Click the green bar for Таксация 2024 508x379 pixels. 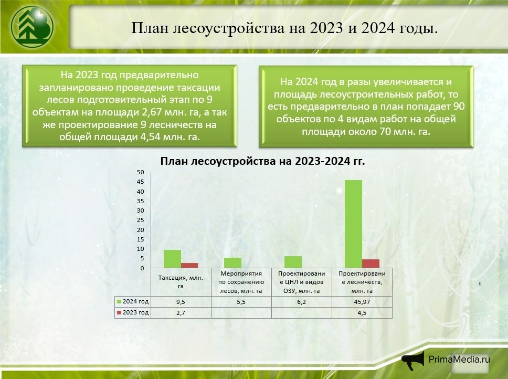tap(172, 259)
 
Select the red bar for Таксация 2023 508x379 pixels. tap(189, 265)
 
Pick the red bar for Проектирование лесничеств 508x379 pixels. tap(371, 264)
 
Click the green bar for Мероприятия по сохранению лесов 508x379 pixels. tap(232, 262)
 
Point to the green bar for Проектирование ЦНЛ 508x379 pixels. tap(293, 262)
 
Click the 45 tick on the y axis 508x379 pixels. tap(140, 182)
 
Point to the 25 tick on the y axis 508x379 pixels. tap(140, 220)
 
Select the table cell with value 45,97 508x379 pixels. tap(362, 302)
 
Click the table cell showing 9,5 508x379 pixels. tap(181, 302)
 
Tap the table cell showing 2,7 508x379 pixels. tap(181, 313)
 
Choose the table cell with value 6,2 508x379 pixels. tap(302, 302)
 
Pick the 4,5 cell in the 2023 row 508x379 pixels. tap(362, 313)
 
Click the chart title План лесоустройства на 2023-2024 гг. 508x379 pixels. tap(262, 162)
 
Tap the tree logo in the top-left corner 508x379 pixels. tap(31, 25)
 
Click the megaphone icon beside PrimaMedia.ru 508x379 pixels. tap(413, 360)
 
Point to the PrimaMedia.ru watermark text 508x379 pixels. tap(459, 359)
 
